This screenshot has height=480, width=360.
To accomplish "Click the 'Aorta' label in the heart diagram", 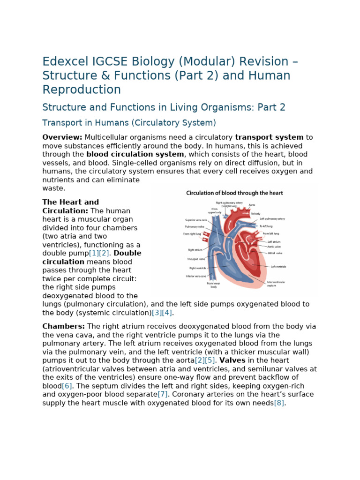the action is click(x=252, y=205).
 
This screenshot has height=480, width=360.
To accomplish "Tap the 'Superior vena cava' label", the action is click(x=196, y=219).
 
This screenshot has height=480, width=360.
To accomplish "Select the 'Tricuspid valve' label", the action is click(x=196, y=259).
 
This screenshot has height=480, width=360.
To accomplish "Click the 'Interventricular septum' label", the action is click(x=276, y=284).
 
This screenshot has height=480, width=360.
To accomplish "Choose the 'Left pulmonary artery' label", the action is click(x=272, y=219).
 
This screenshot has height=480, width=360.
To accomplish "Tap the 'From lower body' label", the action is click(x=213, y=285).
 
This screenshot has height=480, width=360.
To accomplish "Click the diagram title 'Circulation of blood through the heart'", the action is click(x=234, y=193).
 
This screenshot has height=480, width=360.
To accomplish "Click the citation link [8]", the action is click(x=279, y=403).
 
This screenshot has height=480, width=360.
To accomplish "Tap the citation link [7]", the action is click(x=162, y=394).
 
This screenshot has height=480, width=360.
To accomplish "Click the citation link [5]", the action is click(x=210, y=360).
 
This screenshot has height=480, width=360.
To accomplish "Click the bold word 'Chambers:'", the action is click(x=64, y=327).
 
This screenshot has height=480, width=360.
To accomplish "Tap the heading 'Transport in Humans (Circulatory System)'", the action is click(x=129, y=123).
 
